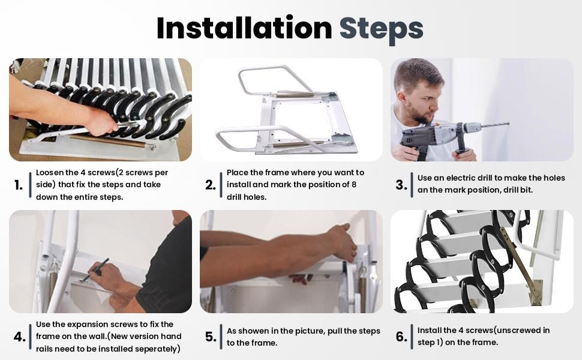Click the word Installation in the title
244,28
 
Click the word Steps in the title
381,28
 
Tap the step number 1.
19,185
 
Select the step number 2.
210,185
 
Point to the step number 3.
401,185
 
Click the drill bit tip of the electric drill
507,124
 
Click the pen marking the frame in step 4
96,270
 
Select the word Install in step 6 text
430,331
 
